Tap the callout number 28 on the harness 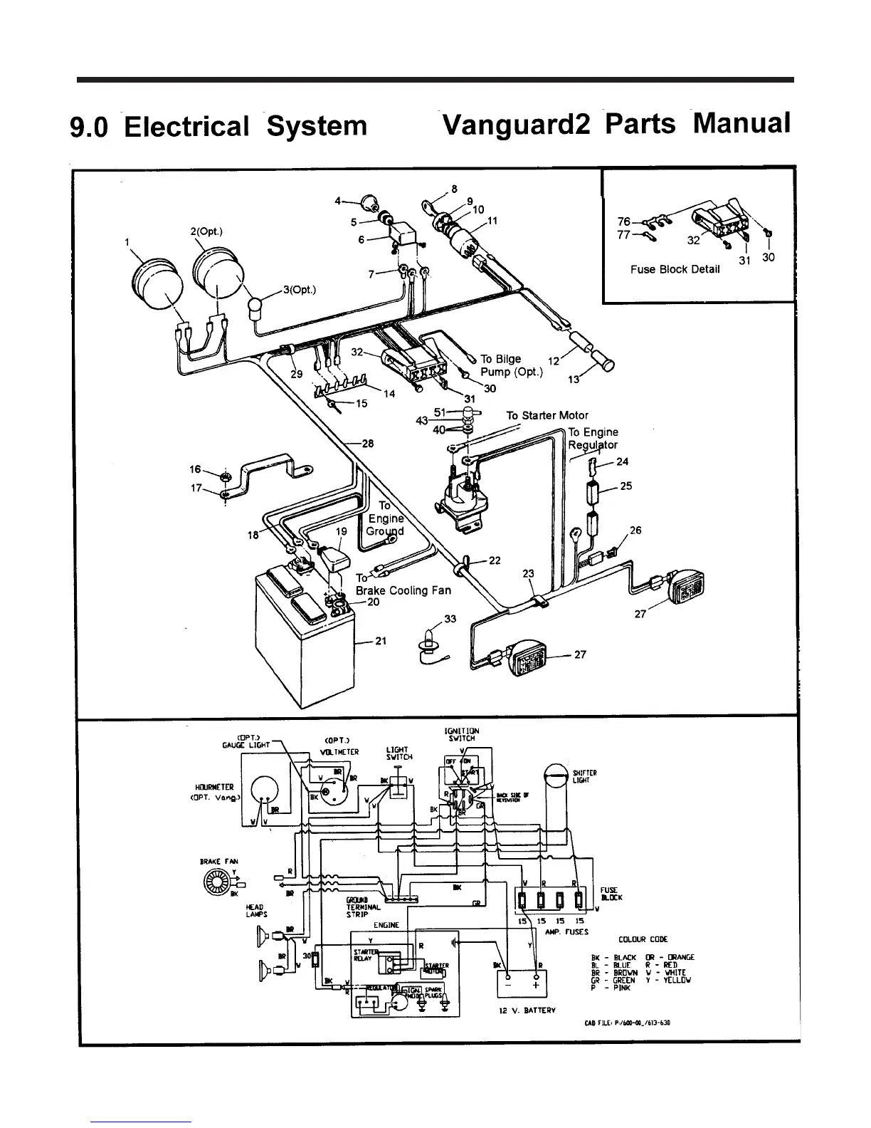367,444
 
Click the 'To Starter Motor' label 547,415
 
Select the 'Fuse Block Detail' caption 675,269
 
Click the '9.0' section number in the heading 88,127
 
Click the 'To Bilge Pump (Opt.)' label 511,365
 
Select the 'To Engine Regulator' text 593,439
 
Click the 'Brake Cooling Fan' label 403,590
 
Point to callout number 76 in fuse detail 624,221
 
